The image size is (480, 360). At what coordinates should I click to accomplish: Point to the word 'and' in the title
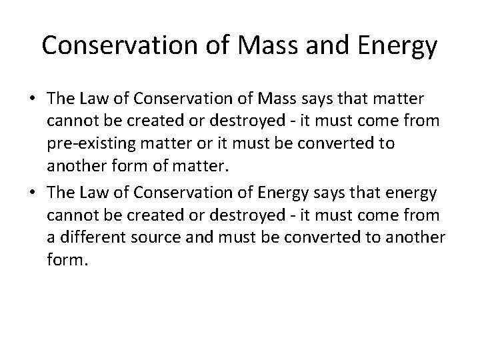pos(316,46)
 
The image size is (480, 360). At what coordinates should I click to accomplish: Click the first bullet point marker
pos(31,99)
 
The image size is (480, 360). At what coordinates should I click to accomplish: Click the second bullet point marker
pos(31,193)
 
